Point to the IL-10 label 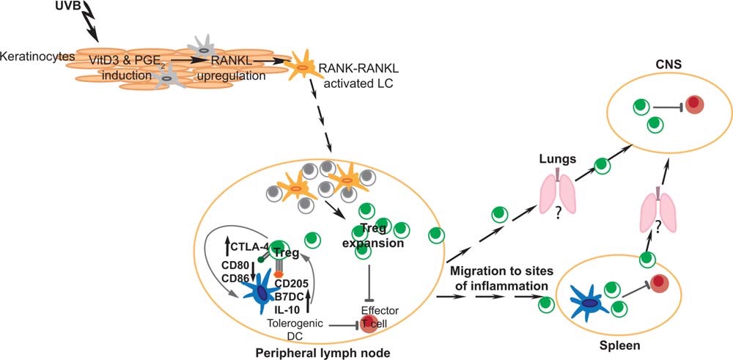click(x=288, y=310)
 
